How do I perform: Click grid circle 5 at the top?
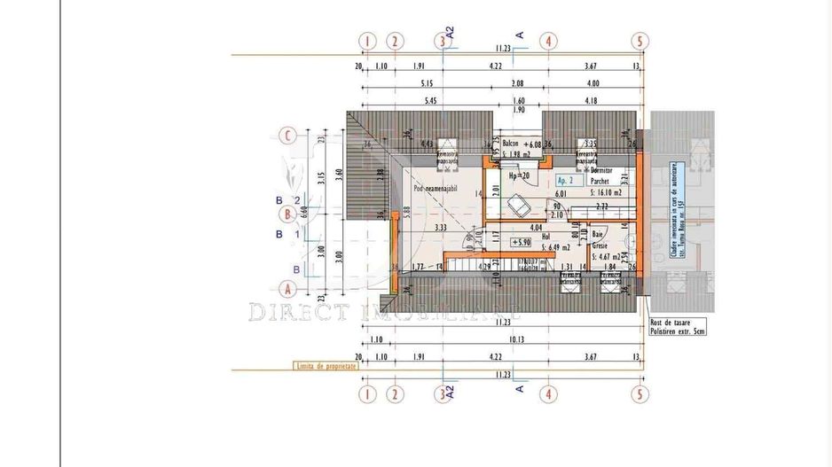point(639,41)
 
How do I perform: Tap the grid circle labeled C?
point(286,136)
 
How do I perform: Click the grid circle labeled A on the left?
point(286,288)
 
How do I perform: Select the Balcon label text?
point(510,143)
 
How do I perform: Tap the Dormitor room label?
point(604,170)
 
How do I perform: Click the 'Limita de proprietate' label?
point(326,365)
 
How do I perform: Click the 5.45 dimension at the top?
point(431,101)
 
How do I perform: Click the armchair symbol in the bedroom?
point(521,206)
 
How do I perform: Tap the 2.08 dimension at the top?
point(518,83)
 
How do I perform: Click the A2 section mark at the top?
point(450,33)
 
